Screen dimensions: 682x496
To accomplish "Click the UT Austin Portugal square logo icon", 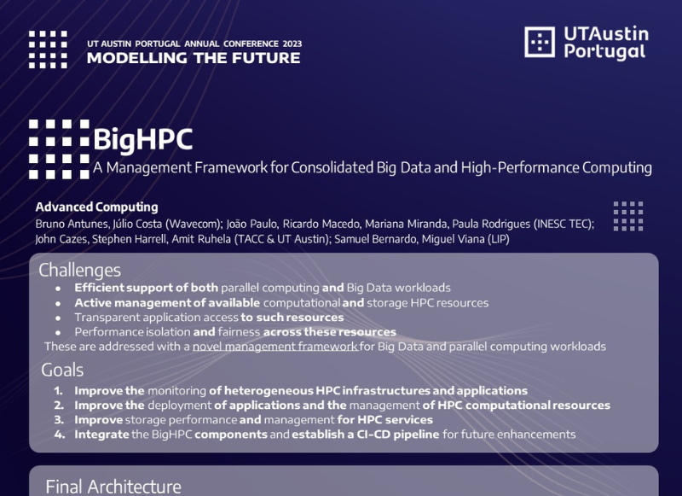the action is pos(540,42).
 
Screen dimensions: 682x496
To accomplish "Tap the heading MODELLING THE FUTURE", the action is pos(194,58).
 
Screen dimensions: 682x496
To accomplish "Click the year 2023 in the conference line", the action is pos(292,44).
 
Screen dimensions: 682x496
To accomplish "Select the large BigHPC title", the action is pos(142,140).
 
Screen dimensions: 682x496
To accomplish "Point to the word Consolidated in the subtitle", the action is pos(332,167).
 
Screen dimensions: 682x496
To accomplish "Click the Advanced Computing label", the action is pos(96,207).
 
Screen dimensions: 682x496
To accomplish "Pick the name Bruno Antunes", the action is pos(72,224).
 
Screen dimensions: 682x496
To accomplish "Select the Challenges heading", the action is pos(79,271).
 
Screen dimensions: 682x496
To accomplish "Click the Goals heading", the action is pos(62,371).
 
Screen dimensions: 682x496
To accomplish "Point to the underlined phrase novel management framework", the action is pos(275,347).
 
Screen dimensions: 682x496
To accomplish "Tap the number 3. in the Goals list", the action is pos(59,420).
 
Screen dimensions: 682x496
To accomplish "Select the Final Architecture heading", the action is pos(113,487).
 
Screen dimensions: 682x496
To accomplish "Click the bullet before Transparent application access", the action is pos(58,318).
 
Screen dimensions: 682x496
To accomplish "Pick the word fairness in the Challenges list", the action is pos(239,332).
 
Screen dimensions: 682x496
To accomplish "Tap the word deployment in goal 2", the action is pos(180,406).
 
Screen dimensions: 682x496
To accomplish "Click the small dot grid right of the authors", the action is pos(628,216).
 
